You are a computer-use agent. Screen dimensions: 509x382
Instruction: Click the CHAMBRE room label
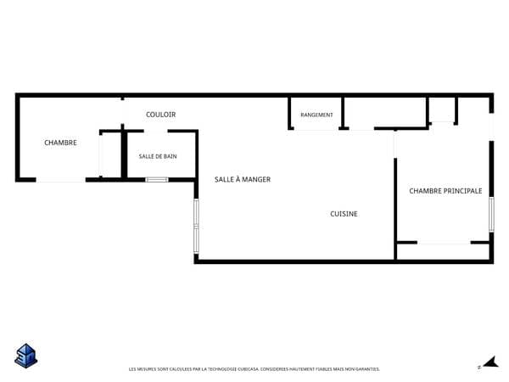61,143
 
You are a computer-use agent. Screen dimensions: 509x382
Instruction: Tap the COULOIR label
160,115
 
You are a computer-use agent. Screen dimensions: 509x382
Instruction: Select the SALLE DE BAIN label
158,156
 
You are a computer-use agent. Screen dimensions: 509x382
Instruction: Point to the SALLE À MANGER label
243,179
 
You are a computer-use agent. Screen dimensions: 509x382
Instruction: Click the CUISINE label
344,214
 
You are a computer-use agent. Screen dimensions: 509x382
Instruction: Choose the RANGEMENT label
316,115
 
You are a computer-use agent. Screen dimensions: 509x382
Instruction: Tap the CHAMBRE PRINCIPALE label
445,191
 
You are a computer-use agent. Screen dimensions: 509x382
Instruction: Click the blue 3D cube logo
26,356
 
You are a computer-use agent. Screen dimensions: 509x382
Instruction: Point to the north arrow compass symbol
491,362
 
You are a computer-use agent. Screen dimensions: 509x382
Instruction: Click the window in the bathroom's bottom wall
157,180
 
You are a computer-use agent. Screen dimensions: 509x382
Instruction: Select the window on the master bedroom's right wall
491,215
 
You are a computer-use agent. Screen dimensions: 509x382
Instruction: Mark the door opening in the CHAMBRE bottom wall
61,180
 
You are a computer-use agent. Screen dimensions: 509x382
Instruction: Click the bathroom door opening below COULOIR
156,132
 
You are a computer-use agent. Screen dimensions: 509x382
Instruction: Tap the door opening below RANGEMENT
316,129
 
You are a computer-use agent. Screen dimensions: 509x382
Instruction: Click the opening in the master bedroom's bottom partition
444,242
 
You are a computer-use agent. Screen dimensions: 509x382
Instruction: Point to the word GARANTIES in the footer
368,369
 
